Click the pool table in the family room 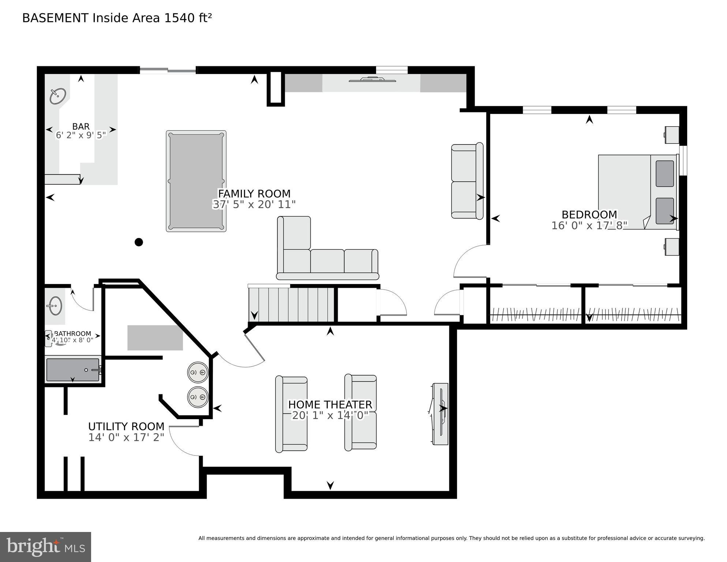(196, 181)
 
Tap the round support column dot (139, 242)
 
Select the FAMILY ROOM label (254, 194)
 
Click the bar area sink (58, 96)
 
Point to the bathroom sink (55, 306)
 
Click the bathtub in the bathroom (73, 370)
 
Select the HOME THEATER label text (330, 405)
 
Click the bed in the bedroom (637, 192)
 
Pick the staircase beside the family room (291, 305)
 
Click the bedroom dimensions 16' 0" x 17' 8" (589, 226)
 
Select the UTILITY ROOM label (126, 427)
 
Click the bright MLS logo (45, 547)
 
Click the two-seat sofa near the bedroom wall (467, 181)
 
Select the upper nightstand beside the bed (672, 135)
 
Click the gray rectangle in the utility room (155, 338)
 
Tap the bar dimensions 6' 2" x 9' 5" (81, 135)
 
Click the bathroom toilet (49, 339)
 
